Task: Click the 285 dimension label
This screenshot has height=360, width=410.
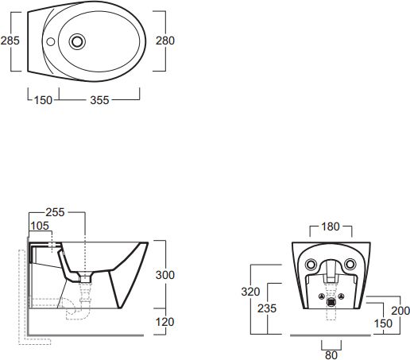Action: [10, 41]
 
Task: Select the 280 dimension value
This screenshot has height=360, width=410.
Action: [165, 41]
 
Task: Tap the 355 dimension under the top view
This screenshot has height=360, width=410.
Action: [99, 100]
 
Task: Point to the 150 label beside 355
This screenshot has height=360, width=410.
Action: [43, 100]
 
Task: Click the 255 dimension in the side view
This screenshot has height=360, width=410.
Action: [55, 212]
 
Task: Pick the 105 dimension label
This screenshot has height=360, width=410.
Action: [40, 226]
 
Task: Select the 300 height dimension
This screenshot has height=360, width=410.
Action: [165, 275]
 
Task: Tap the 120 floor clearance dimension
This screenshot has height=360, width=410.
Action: [164, 322]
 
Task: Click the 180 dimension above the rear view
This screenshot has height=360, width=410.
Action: [331, 226]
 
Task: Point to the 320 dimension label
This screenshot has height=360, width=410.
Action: [250, 292]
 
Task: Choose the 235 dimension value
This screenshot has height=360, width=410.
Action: [267, 308]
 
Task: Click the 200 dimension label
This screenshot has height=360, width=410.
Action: [400, 311]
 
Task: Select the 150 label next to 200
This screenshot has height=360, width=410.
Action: [383, 323]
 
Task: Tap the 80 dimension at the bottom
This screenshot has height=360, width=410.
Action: [331, 355]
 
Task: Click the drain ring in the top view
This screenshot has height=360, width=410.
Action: [77, 41]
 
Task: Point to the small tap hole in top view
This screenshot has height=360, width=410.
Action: [51, 41]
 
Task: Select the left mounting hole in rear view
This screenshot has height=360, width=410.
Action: [311, 264]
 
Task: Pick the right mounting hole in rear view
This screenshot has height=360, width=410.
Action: [350, 264]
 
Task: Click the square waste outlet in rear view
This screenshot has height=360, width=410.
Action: [331, 302]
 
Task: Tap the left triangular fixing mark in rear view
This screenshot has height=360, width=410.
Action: [321, 296]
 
